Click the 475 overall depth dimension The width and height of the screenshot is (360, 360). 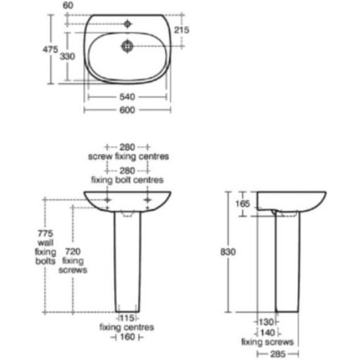tap(51, 49)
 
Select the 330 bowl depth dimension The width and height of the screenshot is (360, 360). tap(67, 56)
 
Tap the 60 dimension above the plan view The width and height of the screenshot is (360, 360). tap(68, 5)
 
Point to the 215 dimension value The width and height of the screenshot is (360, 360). tap(181, 30)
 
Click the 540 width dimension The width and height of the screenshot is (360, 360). tap(127, 97)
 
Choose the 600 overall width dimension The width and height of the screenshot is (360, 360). tap(127, 110)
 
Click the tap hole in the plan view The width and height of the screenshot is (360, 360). tap(127, 24)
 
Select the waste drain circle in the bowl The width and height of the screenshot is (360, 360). tap(127, 46)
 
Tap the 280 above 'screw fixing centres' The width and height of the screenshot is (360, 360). tap(127, 147)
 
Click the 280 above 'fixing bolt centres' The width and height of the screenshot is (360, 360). tap(127, 171)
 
